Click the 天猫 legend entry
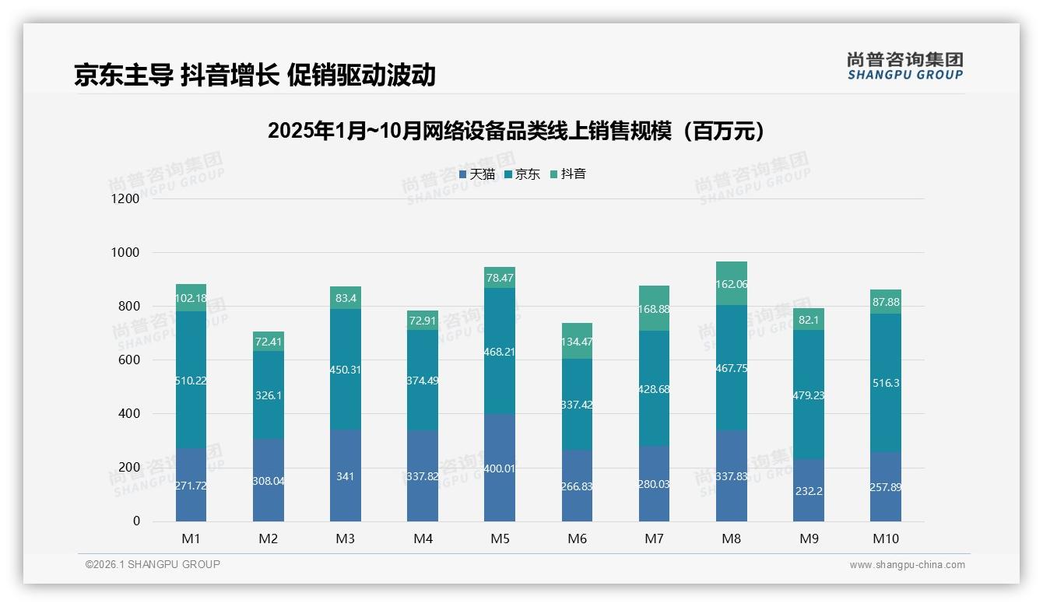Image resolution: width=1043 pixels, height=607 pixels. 477,174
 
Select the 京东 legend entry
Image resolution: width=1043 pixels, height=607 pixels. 522,174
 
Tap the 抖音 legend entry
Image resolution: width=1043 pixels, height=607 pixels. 568,174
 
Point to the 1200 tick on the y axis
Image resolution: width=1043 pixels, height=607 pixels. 125,198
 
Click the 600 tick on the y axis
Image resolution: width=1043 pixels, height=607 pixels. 128,360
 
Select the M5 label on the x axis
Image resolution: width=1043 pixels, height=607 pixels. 499,539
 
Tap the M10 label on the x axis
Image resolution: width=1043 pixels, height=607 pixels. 885,539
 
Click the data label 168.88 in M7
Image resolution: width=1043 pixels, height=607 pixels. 654,309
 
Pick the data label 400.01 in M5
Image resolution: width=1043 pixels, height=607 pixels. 499,468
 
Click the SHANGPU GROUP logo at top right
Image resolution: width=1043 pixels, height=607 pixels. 904,66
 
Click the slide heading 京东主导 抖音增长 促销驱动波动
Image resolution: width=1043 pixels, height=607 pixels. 255,75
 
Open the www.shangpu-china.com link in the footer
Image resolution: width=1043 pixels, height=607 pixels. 907,565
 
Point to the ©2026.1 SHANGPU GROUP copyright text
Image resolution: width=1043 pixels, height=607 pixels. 153,564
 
